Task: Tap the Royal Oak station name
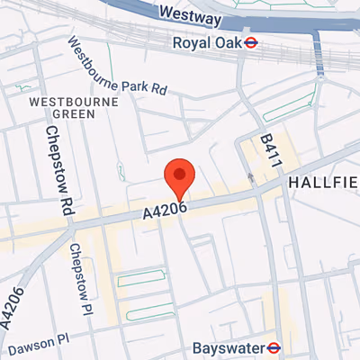point(211,42)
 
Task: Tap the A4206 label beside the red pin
point(164,211)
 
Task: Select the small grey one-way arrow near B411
point(252,179)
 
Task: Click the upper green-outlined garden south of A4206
point(141,277)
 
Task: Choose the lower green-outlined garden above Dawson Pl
point(149,311)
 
